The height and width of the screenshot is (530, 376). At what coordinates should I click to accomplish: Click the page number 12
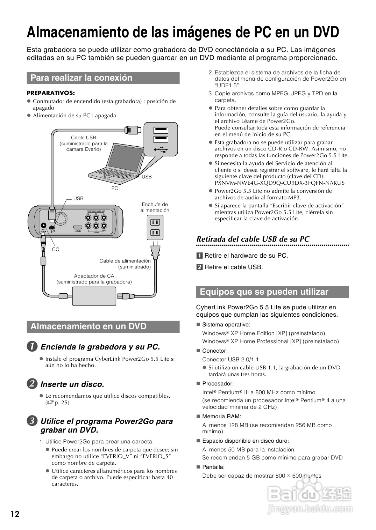[15, 514]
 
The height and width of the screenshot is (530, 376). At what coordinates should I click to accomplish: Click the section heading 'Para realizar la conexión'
[81, 78]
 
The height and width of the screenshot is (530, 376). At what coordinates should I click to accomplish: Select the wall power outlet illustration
[155, 227]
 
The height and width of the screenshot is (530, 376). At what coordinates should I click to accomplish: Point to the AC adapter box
[94, 295]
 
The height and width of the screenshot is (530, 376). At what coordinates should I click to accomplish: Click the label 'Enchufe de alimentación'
[155, 207]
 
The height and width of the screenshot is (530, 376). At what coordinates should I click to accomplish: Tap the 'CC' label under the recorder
[55, 249]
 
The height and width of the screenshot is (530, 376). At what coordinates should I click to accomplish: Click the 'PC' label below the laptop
[115, 188]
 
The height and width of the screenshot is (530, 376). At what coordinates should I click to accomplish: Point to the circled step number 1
[32, 347]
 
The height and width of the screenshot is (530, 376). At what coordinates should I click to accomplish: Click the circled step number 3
[32, 421]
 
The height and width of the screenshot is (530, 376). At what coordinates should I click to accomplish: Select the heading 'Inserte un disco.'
[72, 384]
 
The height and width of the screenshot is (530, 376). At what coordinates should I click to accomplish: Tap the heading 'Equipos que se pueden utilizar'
[264, 292]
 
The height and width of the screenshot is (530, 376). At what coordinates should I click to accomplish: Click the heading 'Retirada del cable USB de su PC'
[253, 239]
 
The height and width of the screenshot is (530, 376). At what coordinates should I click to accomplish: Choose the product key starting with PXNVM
[279, 183]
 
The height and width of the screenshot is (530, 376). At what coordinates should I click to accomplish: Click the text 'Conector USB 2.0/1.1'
[230, 359]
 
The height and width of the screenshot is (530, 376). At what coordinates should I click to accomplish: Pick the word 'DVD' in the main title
[325, 32]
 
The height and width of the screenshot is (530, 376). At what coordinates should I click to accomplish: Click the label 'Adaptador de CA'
[94, 276]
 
